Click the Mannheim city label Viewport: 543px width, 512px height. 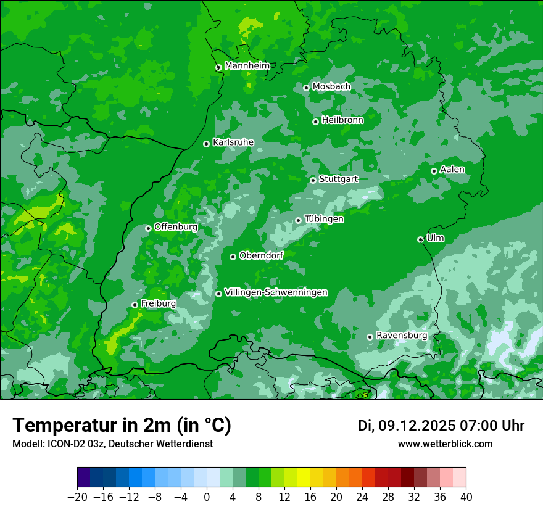247,66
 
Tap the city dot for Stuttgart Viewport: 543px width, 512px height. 313,180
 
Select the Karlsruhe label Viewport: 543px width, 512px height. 233,142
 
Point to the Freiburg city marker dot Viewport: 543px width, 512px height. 135,305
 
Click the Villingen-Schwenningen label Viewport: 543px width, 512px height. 276,292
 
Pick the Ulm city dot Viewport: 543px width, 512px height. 420,239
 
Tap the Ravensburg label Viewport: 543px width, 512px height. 401,336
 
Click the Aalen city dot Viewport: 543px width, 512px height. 434,171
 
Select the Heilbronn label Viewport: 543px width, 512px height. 342,120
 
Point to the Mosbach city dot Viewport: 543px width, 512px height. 306,88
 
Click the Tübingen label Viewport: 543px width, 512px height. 324,219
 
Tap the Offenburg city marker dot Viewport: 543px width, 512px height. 148,228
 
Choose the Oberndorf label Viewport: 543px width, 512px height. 261,255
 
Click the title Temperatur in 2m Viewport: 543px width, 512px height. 122,426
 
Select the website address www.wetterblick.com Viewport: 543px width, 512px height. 445,444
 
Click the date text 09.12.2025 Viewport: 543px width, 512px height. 417,426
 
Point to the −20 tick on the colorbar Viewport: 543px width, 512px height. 77,497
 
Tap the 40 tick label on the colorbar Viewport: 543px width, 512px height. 466,497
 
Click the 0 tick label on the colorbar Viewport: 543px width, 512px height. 207,497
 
